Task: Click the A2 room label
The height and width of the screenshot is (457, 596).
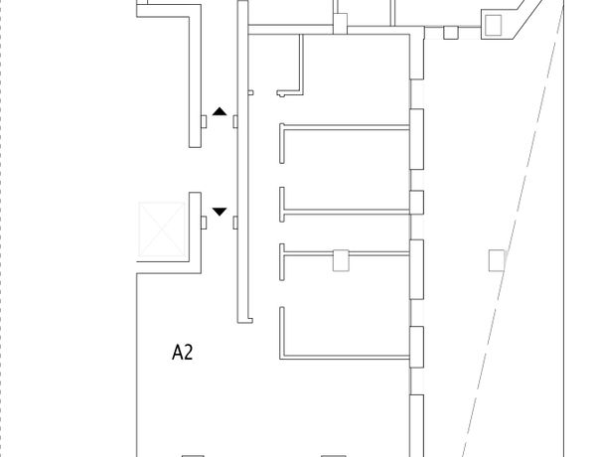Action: click(182, 351)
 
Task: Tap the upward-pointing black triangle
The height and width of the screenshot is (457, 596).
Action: click(220, 113)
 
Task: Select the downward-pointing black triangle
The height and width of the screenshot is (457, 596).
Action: click(220, 211)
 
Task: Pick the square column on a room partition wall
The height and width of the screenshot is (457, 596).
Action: click(340, 260)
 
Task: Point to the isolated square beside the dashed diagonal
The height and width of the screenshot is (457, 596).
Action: click(496, 260)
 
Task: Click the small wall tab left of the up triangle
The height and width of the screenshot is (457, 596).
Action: click(204, 121)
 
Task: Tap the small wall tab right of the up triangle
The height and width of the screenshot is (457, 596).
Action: click(235, 121)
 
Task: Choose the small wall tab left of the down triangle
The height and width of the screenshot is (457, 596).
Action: click(204, 219)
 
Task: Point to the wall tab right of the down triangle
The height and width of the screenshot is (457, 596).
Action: click(235, 223)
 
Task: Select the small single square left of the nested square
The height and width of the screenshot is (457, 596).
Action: click(450, 33)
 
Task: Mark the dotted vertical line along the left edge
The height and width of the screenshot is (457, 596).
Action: click(3, 228)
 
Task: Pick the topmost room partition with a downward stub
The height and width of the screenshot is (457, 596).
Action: click(343, 126)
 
